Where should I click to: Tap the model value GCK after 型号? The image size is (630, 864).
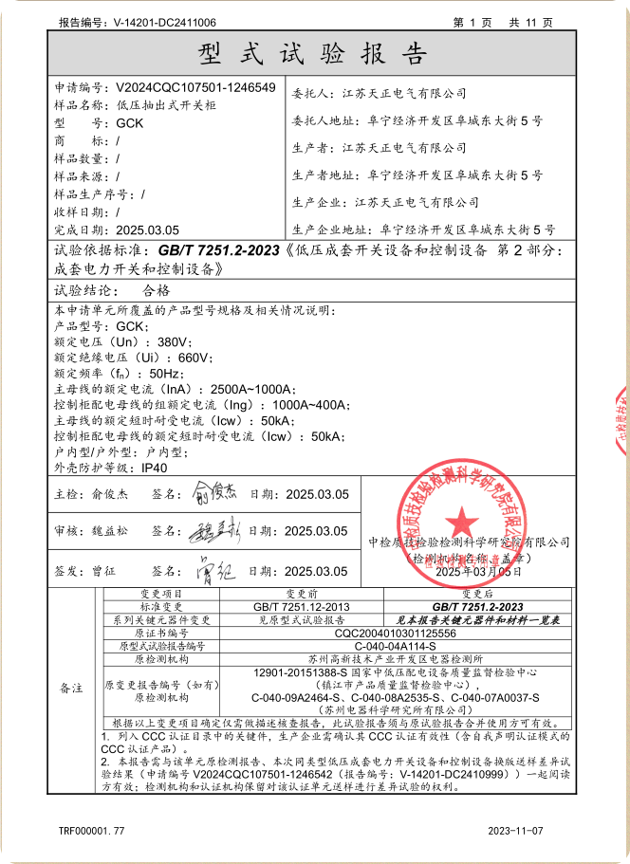coord(130,123)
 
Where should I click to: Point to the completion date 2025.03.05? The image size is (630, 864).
coord(147,230)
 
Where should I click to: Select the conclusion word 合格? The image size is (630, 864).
coord(155,290)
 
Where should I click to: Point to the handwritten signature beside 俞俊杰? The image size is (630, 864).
coord(219,493)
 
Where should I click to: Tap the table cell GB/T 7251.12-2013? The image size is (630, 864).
coord(302,606)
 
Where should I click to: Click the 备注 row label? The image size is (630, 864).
coord(71,687)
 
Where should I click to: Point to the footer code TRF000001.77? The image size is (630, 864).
coord(92,830)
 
